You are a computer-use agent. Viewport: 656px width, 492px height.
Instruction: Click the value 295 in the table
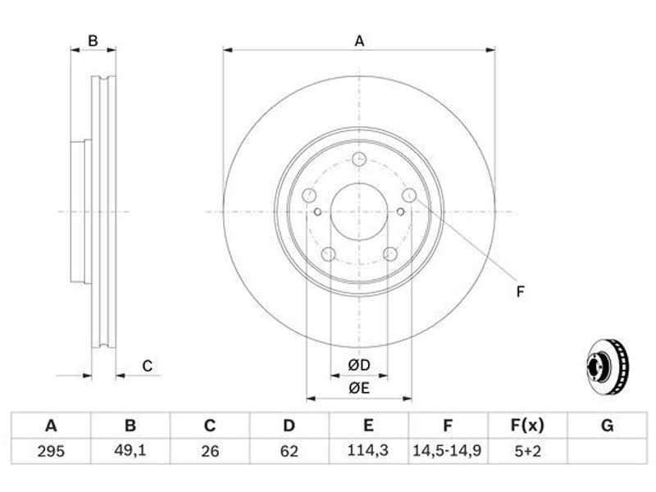[51, 451]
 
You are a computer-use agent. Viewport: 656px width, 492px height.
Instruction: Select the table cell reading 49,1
[130, 450]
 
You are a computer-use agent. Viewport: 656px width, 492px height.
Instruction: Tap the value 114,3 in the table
[368, 450]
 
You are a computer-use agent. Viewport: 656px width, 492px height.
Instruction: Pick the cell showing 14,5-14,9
[447, 450]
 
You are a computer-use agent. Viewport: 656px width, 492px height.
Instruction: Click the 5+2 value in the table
[527, 451]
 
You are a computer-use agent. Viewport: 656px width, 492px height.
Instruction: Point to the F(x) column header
[527, 426]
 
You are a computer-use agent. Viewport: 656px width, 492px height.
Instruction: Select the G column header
[607, 426]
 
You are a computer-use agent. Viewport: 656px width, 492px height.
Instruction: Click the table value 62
[289, 451]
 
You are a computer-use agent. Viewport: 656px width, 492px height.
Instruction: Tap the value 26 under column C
[210, 451]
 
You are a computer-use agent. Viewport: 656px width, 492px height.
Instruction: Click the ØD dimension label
[359, 365]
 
